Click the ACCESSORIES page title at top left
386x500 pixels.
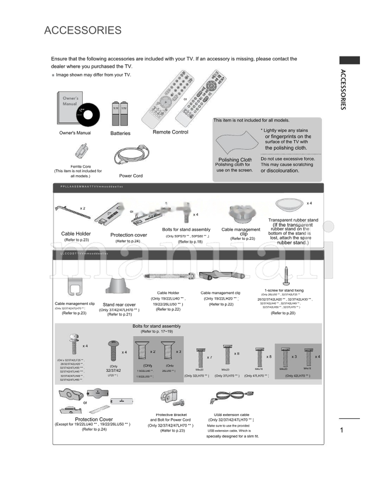coord(83,31)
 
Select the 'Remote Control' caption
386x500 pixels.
coord(170,132)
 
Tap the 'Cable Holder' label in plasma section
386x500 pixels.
coord(76,234)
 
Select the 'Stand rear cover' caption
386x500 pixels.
coord(119,305)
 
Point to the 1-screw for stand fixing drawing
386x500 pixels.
coord(287,276)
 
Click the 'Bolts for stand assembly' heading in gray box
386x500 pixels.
coord(156,326)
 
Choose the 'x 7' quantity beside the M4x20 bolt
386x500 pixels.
coord(209,358)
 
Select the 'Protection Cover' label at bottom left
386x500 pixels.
coord(94,419)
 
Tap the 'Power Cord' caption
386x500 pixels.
coord(131,176)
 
